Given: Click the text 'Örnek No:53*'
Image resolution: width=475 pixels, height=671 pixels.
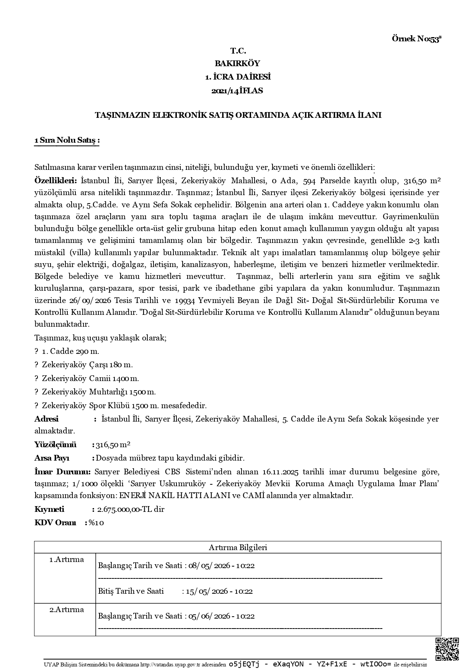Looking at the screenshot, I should [x=417, y=39].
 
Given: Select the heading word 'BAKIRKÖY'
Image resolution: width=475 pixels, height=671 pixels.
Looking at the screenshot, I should [x=237, y=64].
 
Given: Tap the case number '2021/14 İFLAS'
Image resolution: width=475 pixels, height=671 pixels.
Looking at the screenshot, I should [x=237, y=91].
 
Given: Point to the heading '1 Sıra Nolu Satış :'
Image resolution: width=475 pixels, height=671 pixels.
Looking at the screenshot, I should [x=67, y=141].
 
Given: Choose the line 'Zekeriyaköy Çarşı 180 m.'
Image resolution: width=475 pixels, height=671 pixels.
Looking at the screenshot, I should [x=87, y=365].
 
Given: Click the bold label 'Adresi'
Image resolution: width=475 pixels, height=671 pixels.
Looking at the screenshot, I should [x=46, y=419].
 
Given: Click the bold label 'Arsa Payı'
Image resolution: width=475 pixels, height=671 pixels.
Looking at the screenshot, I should [x=52, y=458].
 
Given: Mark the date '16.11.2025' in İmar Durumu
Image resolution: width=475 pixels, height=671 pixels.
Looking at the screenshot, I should [x=281, y=471].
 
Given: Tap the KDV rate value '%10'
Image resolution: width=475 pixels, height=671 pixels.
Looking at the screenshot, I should [x=96, y=523].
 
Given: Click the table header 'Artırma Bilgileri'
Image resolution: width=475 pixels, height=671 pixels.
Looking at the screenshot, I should [x=238, y=547].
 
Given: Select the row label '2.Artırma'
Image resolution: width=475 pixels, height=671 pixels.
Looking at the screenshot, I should [x=67, y=610].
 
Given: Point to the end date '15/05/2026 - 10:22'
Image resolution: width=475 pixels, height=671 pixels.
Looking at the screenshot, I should [x=219, y=591].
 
